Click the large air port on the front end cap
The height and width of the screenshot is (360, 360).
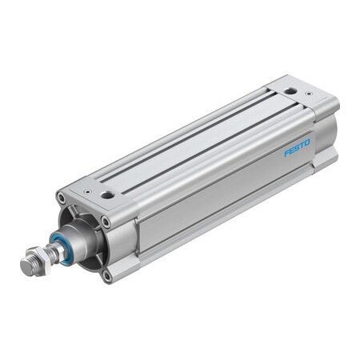coord(107,194)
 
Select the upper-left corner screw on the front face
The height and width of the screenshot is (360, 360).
coord(62,197)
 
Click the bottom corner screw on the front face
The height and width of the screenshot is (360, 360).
coord(107,275)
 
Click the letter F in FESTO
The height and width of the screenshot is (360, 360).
coord(287,152)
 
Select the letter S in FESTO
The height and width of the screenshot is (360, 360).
coord(297,148)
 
